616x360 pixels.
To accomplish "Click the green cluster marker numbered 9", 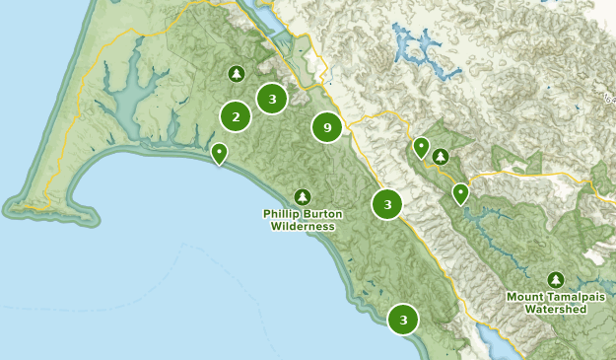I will coord(327,126).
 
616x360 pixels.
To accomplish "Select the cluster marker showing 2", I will coord(235,116).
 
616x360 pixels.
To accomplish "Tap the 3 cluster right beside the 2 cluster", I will coord(271,98).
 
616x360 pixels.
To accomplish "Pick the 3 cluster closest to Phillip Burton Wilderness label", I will coord(387,204).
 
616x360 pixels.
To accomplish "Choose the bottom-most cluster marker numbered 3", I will coord(403,320).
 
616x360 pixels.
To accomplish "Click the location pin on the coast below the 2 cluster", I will coord(219,152).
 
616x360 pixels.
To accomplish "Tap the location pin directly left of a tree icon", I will coord(421,148).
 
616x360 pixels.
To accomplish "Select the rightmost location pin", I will coord(460,192).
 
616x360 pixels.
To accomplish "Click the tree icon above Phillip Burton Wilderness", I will coord(302,196).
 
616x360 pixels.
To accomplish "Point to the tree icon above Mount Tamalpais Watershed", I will coord(556,280).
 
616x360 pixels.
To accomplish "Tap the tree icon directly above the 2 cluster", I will coord(236,74).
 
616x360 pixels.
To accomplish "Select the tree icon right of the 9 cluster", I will coord(441,156).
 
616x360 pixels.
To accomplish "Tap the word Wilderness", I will coord(302,226).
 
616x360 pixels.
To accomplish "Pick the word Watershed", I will coord(556,309).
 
